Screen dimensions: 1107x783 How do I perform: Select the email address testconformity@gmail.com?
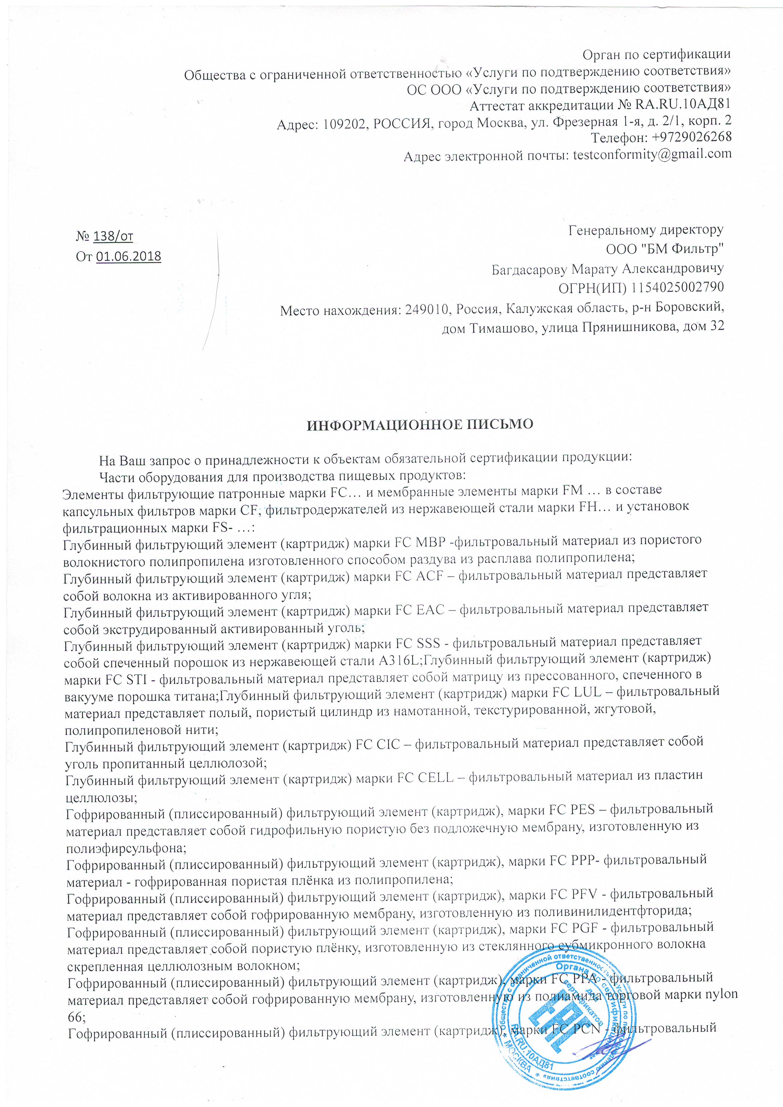coord(652,154)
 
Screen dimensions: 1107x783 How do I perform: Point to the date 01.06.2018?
coord(128,257)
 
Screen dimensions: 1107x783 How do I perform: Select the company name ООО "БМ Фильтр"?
coord(665,249)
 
